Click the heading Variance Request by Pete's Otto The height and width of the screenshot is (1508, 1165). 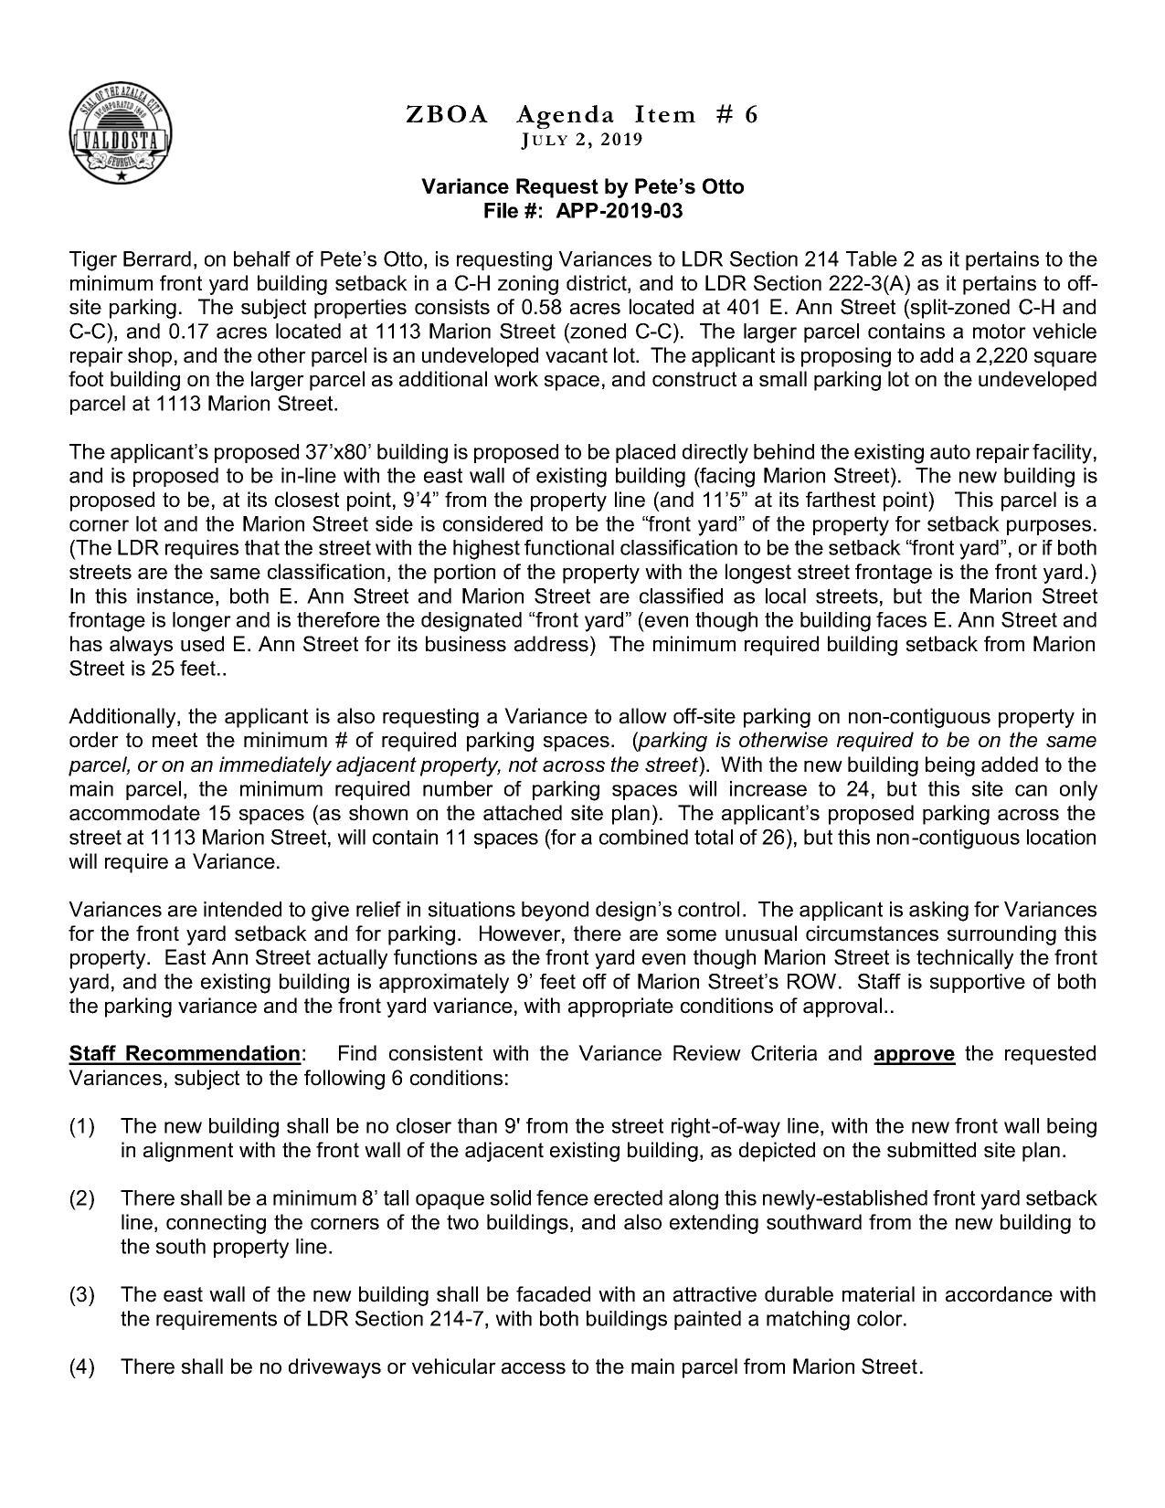point(582,186)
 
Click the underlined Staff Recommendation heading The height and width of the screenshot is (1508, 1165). point(185,1053)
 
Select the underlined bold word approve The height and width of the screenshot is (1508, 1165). point(914,1053)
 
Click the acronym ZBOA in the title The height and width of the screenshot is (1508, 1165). point(447,114)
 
